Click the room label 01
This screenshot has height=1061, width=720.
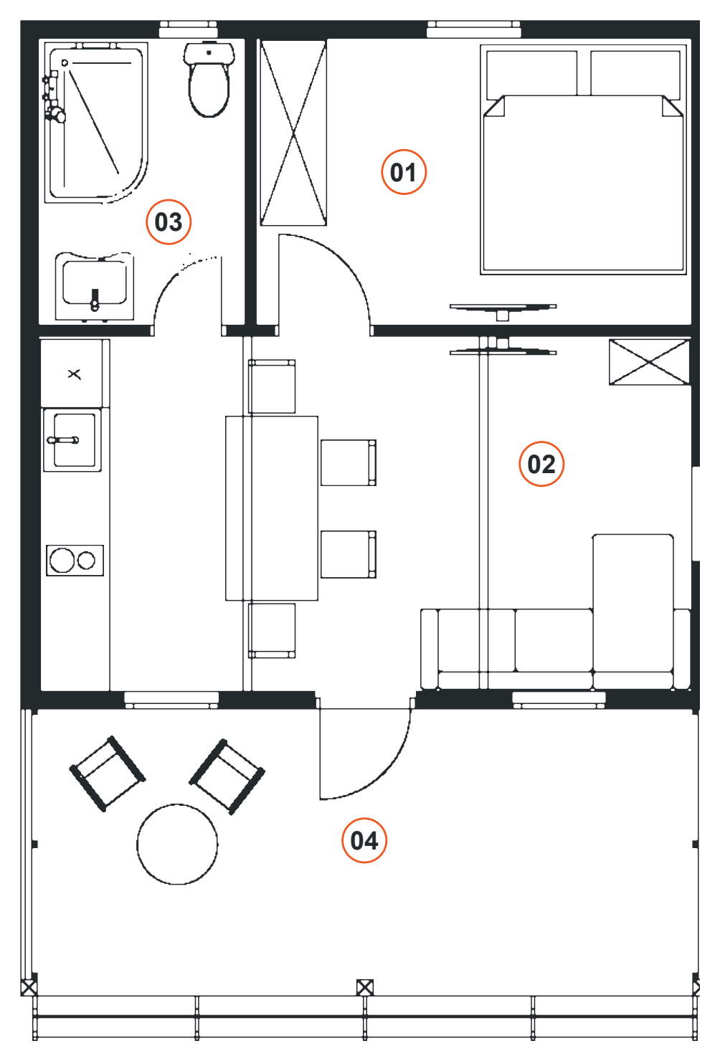404,172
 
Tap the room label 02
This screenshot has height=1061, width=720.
541,465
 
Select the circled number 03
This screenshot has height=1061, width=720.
168,222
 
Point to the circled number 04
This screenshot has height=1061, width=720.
364,840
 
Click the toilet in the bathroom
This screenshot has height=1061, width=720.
209,80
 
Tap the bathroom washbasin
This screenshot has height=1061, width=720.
95,286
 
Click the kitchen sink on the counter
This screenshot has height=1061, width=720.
72,440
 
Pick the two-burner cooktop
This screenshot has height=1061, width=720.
75,561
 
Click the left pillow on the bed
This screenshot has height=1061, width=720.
532,73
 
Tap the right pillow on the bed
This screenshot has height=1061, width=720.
635,73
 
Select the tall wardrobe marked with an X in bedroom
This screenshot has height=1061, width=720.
293,133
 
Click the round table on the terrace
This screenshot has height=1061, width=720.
178,844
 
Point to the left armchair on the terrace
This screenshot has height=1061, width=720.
108,774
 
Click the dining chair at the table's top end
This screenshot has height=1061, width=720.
272,386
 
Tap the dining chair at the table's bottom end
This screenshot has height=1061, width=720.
272,630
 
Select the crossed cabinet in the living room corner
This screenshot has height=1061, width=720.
650,362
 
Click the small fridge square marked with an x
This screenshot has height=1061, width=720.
72,374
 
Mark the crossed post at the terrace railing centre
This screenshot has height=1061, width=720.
365,988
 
